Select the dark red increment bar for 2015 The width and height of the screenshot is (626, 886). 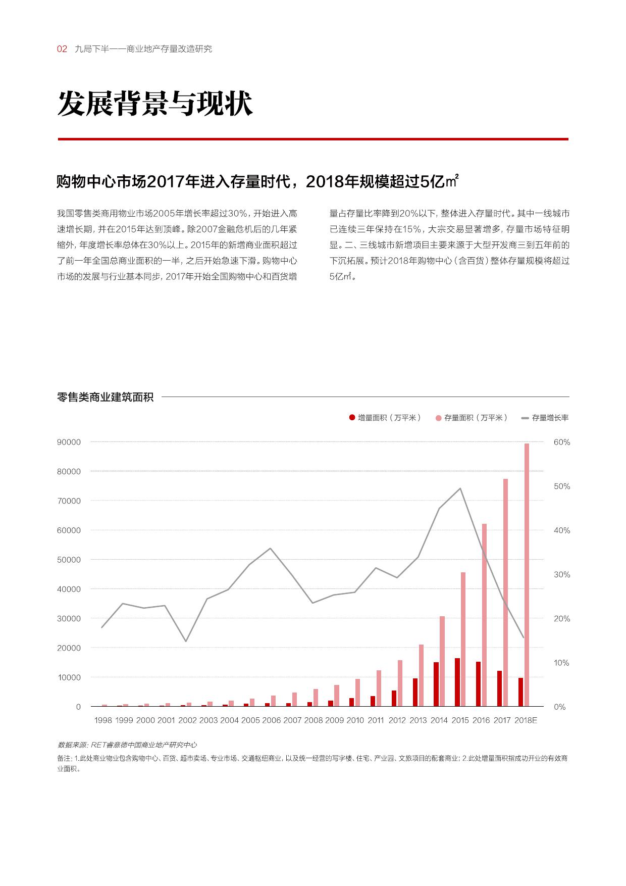click(457, 682)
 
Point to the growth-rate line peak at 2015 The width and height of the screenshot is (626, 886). click(460, 488)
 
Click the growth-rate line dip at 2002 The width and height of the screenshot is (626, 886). click(186, 641)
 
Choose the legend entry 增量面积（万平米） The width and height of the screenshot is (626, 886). click(385, 418)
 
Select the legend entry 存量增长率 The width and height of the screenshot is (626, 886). click(545, 418)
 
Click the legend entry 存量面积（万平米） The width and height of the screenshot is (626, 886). click(472, 418)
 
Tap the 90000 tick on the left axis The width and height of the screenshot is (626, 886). click(70, 442)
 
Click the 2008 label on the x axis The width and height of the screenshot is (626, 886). click(314, 720)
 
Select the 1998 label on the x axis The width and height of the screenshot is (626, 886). click(103, 720)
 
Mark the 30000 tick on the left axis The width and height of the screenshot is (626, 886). click(70, 618)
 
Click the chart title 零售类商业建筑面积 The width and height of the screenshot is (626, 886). click(106, 397)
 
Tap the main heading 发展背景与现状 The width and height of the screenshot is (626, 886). click(155, 105)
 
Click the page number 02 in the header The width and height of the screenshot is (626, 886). click(62, 49)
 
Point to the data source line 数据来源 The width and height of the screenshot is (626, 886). click(127, 745)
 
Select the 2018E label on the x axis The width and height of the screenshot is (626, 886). click(526, 720)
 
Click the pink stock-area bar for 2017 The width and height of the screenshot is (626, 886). click(505, 593)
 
